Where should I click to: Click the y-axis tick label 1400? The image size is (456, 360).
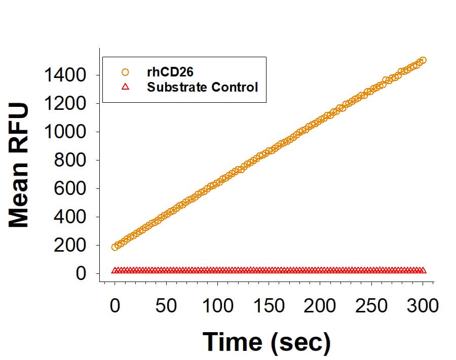pyautogui.click(x=65, y=76)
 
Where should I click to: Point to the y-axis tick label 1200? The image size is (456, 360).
pyautogui.click(x=65, y=104)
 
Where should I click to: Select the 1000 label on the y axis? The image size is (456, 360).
pyautogui.click(x=65, y=133)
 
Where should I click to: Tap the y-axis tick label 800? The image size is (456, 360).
pyautogui.click(x=72, y=161)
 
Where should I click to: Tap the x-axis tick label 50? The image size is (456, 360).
pyautogui.click(x=166, y=306)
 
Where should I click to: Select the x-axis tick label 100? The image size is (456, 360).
pyautogui.click(x=217, y=306)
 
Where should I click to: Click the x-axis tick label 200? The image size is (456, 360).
pyautogui.click(x=320, y=306)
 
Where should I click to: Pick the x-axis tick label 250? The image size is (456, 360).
pyautogui.click(x=371, y=306)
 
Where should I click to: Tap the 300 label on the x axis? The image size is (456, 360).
pyautogui.click(x=423, y=306)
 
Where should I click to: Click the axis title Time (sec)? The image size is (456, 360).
pyautogui.click(x=267, y=342)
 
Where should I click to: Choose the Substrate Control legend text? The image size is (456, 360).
pyautogui.click(x=202, y=87)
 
